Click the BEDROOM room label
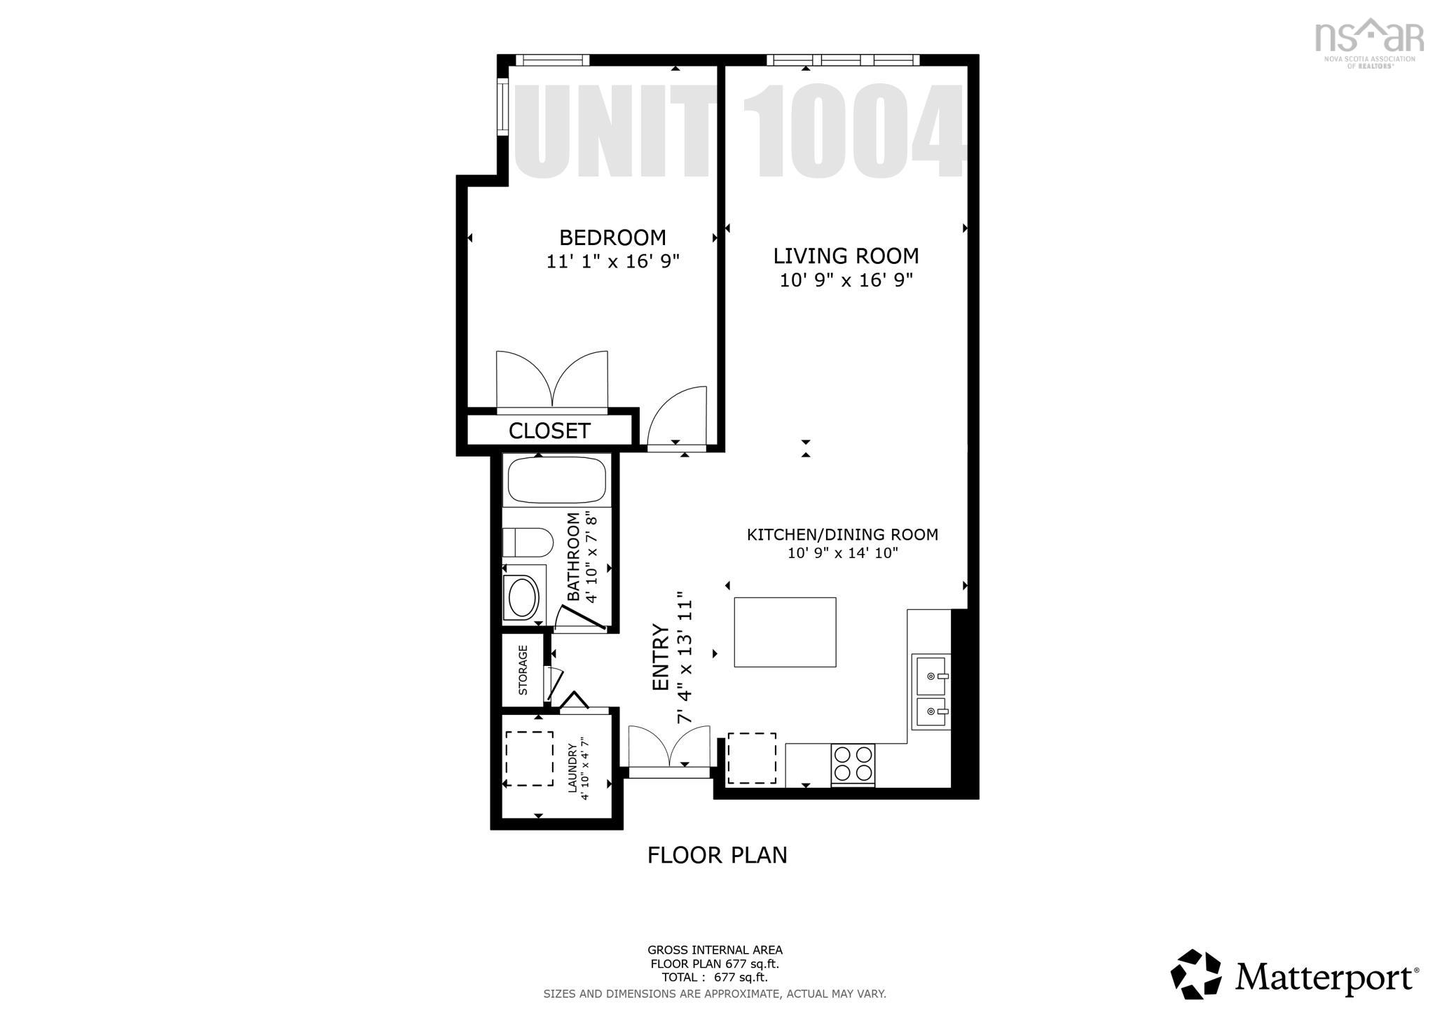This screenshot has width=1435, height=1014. point(612,237)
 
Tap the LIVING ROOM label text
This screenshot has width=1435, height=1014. point(846,256)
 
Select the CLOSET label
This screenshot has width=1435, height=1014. point(549,431)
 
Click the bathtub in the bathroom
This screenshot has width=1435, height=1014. point(556,480)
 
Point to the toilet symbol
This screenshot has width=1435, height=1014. point(528,542)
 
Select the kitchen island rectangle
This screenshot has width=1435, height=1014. point(785,632)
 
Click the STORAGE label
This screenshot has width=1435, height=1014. point(523,670)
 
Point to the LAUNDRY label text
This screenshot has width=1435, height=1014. point(572,768)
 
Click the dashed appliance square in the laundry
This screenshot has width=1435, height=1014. point(529,758)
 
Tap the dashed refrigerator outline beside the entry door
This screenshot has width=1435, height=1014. point(751,758)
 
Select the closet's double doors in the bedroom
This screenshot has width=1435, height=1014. point(552,382)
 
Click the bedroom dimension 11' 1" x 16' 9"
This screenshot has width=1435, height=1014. point(613,262)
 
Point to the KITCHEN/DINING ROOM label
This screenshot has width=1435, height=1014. point(842,534)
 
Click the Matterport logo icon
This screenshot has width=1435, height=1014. point(1195,975)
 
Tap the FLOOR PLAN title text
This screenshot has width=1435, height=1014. point(717,855)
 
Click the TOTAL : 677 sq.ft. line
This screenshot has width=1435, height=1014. point(714,977)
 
